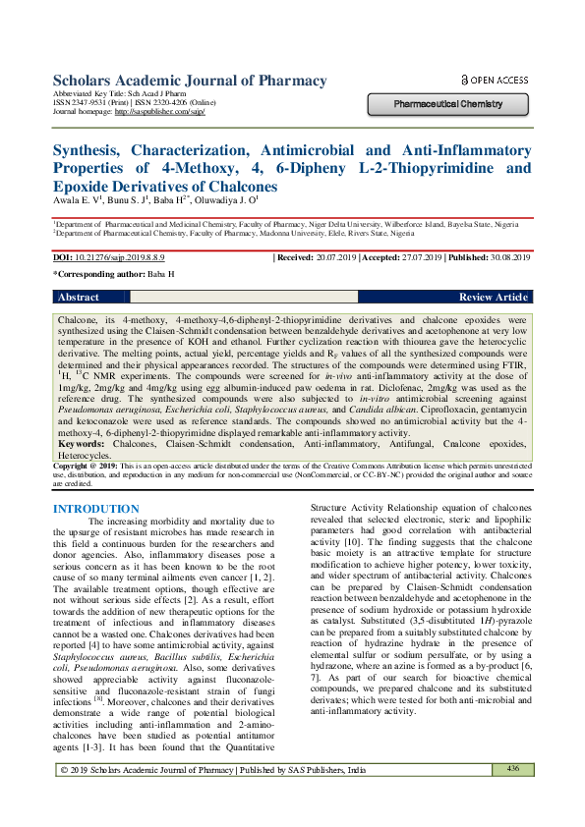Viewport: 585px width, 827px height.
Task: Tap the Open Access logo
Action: pos(495,80)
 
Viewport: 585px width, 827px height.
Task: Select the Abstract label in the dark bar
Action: pos(79,297)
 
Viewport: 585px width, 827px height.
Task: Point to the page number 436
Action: pos(512,796)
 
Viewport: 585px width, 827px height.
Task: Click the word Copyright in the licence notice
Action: pos(73,467)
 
